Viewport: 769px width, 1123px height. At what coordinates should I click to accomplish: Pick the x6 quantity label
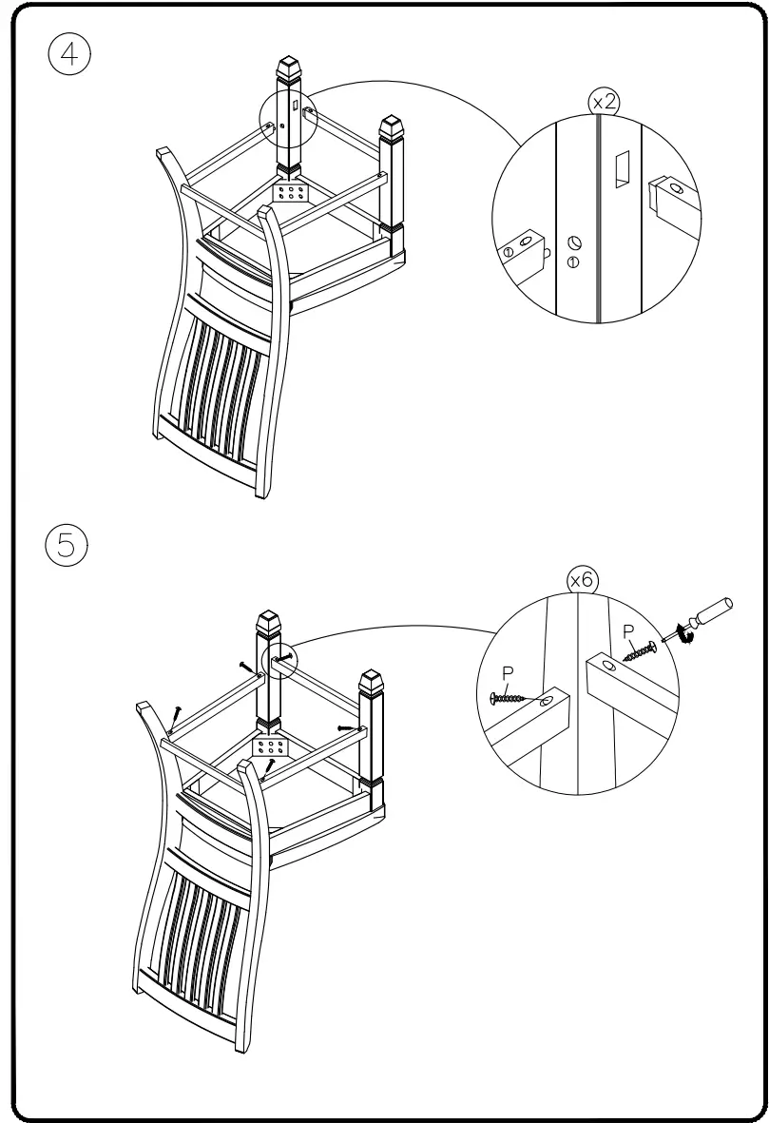pos(582,580)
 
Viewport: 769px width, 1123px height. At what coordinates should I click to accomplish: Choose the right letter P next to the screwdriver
pos(627,630)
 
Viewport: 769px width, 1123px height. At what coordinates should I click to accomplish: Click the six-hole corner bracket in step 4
pos(292,194)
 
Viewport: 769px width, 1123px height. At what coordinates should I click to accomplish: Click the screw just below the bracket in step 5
pos(272,765)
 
